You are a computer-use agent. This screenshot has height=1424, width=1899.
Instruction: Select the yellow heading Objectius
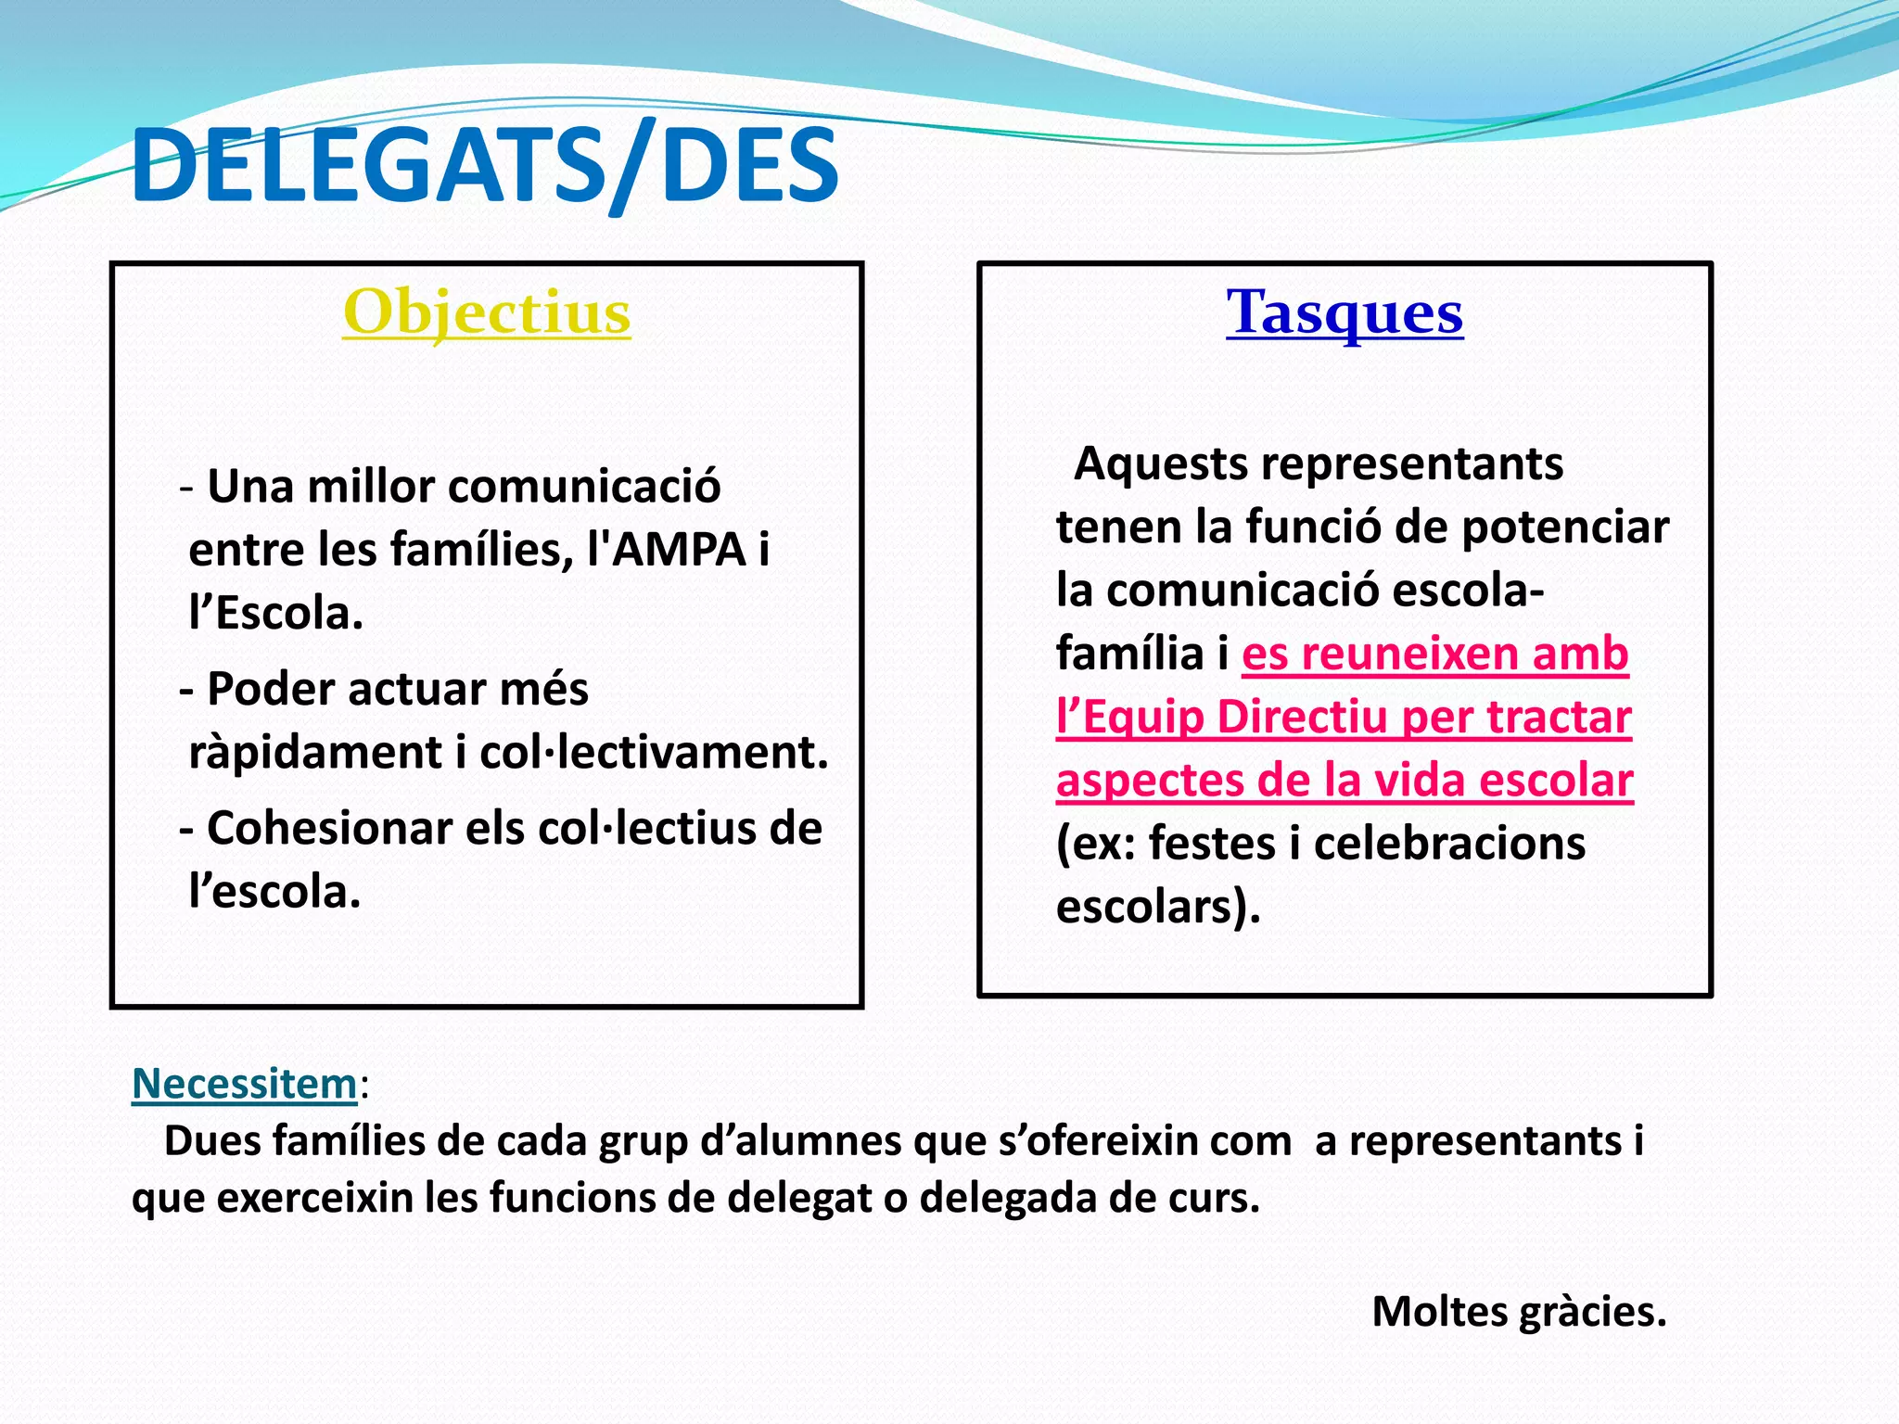(x=487, y=312)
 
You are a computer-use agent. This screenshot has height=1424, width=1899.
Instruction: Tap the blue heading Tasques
(x=1345, y=312)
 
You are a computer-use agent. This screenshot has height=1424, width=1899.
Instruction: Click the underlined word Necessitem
(x=245, y=1084)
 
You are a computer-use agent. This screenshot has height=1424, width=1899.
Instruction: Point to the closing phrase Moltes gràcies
(x=1519, y=1312)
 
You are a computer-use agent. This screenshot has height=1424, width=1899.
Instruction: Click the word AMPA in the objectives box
(x=680, y=550)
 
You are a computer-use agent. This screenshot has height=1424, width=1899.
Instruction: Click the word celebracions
(x=1449, y=844)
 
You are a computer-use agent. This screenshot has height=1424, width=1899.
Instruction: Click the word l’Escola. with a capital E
(x=275, y=613)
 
